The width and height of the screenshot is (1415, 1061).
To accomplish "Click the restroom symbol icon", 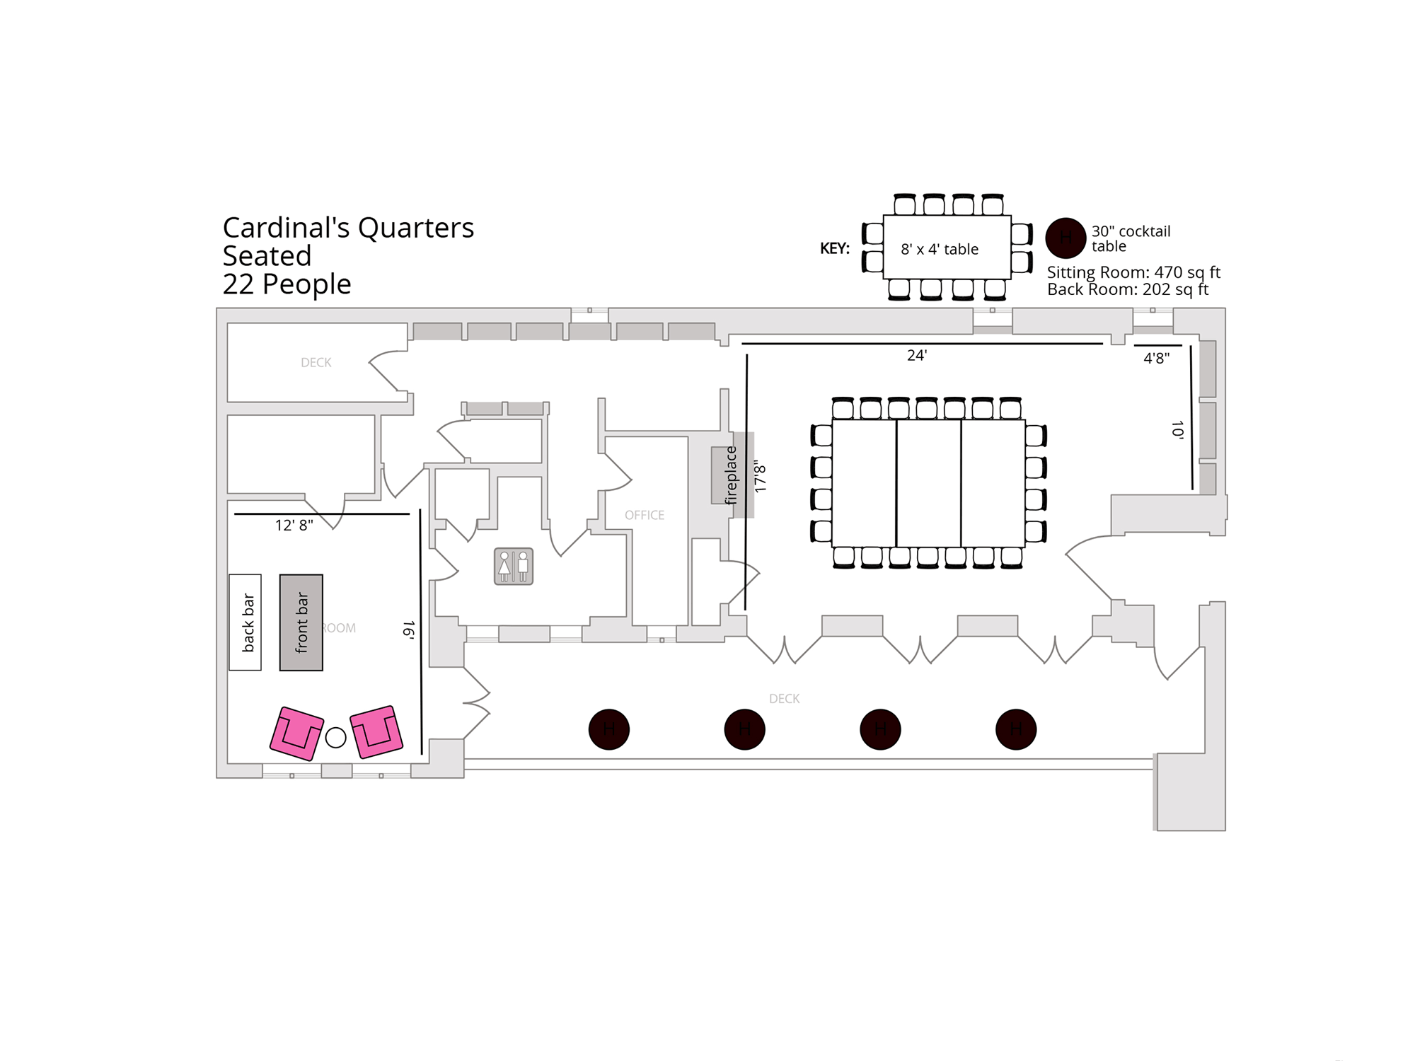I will pos(514,566).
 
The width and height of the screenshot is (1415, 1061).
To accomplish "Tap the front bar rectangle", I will pos(301,622).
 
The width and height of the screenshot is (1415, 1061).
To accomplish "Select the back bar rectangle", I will pos(246,622).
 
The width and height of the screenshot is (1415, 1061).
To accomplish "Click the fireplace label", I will pos(730,475).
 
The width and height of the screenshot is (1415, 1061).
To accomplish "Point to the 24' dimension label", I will pos(917,356).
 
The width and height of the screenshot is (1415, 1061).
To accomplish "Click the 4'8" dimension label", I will pos(1157,359).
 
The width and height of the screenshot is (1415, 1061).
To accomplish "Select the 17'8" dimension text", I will pos(761,476).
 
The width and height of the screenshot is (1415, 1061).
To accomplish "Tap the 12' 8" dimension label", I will pos(294,526).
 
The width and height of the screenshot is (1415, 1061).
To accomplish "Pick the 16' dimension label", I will pos(409,630).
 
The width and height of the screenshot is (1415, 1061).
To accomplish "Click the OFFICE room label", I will pos(645,516).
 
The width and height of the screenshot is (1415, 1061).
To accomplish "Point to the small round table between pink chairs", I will pos(336,738).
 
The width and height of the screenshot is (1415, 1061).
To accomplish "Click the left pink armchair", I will pos(297,734).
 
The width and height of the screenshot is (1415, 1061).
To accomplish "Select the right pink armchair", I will pos(376,731).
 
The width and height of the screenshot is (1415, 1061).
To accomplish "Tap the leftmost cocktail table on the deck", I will pos(609,729).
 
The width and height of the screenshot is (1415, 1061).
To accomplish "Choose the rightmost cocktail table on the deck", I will pos(1016,729).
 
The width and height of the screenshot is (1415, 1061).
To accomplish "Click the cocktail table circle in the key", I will pos(1065,238).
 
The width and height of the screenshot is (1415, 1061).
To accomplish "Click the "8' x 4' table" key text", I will pos(940,250).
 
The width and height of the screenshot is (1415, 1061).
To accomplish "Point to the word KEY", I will pos(835,249).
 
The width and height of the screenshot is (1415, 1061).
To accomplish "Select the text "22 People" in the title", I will pos(287,284).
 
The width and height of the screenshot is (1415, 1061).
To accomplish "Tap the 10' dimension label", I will pos(1177,430).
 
